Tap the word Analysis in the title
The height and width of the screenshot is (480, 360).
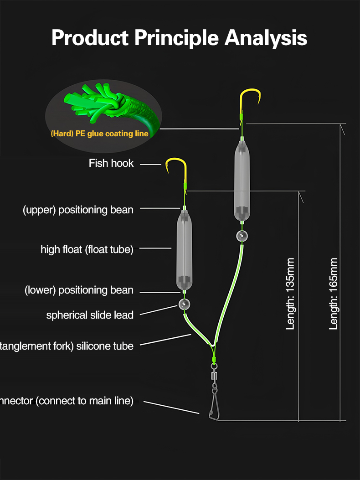(x=266, y=38)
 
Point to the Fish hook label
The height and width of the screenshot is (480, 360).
(x=111, y=163)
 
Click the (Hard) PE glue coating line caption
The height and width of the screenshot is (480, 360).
(x=99, y=134)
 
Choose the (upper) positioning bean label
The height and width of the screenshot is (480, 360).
(x=78, y=210)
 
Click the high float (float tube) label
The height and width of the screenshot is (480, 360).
(x=87, y=249)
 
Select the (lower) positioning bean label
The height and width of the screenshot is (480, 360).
(x=79, y=290)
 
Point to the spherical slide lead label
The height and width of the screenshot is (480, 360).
(x=90, y=315)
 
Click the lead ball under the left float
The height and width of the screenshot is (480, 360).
(x=184, y=305)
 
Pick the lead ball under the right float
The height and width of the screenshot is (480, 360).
(x=242, y=236)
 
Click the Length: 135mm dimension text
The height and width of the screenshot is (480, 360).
(x=290, y=294)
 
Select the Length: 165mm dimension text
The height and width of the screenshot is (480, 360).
(x=334, y=294)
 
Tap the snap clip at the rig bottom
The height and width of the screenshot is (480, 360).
(x=214, y=406)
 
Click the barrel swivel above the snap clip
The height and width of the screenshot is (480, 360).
(x=213, y=377)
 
